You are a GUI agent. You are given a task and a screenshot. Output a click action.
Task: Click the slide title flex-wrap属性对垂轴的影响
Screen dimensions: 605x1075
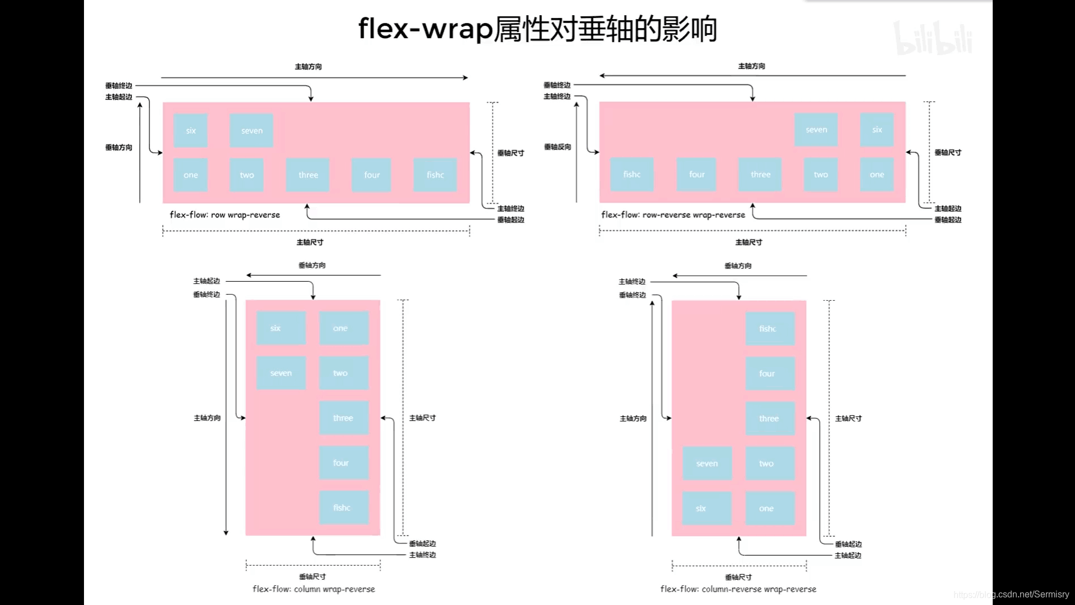point(537,29)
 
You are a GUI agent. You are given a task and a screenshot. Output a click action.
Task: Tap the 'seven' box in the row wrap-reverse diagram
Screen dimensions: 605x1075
point(251,131)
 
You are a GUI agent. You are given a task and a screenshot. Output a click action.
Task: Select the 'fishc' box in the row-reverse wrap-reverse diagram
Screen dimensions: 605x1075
point(632,175)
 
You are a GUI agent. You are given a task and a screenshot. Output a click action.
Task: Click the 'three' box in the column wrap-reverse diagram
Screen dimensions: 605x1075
point(343,418)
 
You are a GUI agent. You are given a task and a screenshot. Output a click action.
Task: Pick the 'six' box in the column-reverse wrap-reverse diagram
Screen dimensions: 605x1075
point(707,508)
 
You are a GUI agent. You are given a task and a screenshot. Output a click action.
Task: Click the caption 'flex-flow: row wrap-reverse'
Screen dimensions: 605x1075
point(225,215)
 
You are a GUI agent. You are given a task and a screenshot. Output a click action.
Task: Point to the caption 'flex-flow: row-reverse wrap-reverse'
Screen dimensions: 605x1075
point(673,215)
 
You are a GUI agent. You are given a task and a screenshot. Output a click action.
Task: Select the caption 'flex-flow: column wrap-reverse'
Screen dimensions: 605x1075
point(314,589)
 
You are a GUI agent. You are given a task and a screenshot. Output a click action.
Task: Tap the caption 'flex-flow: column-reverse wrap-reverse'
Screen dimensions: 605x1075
point(738,589)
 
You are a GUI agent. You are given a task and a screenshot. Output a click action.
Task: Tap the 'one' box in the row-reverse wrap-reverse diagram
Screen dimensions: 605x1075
point(877,175)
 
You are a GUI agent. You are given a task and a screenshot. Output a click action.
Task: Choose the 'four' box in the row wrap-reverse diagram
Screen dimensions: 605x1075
point(371,175)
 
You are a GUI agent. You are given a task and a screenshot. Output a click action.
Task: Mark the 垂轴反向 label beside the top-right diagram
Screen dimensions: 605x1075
point(557,147)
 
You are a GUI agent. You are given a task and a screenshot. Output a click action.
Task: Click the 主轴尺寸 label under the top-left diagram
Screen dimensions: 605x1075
point(310,242)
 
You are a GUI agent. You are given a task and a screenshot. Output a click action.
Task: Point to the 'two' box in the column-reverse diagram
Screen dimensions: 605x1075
point(769,463)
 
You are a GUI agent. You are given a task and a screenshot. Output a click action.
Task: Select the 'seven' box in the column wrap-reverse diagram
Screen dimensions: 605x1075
point(281,373)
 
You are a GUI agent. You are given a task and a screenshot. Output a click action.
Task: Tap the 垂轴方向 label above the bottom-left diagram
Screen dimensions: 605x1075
point(312,266)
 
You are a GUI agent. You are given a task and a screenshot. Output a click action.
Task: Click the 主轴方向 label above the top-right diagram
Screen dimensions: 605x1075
point(751,66)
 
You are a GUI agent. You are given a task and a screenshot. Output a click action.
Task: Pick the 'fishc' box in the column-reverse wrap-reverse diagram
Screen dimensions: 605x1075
point(769,329)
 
